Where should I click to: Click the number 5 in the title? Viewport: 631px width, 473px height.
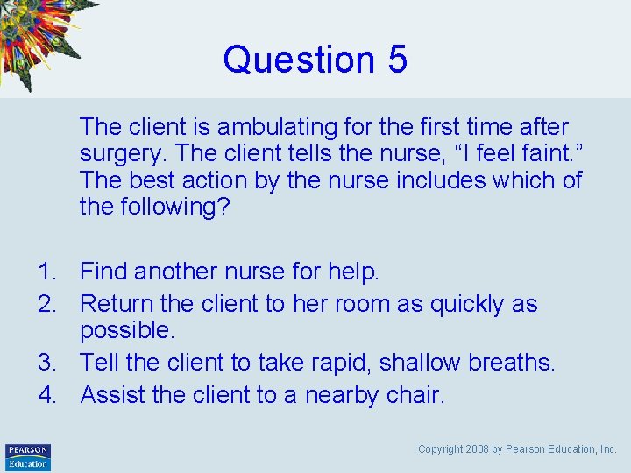coord(396,60)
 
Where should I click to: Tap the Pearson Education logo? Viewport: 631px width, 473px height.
coord(28,456)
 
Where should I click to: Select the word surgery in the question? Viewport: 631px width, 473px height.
coord(122,154)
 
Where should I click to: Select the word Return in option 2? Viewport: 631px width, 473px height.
coord(115,305)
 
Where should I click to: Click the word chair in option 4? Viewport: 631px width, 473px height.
coord(416,395)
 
